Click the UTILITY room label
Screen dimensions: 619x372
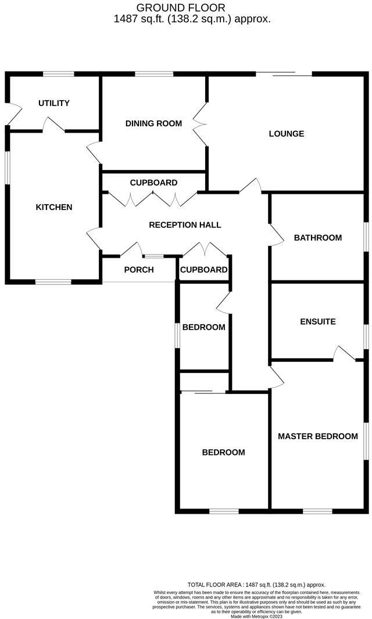[x=54, y=103]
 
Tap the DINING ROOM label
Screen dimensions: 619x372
[x=154, y=123]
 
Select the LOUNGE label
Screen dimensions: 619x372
[x=287, y=134]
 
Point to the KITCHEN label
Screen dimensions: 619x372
[x=54, y=207]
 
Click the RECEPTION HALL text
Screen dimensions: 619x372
[x=185, y=225]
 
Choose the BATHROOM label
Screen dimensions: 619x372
[x=317, y=237]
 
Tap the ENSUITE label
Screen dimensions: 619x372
[x=318, y=322]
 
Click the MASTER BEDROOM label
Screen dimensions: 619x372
[x=317, y=436]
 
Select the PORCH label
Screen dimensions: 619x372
[x=139, y=269]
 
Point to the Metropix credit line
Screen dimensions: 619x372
[x=256, y=616]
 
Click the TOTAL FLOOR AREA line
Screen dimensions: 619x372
[x=256, y=585]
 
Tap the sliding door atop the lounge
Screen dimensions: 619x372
[x=284, y=74]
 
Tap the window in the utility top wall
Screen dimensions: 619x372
[x=59, y=74]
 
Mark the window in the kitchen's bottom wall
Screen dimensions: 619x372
[x=53, y=282]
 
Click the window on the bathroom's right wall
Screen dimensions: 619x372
[x=366, y=237]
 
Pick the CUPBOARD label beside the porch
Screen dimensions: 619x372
[x=203, y=269]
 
